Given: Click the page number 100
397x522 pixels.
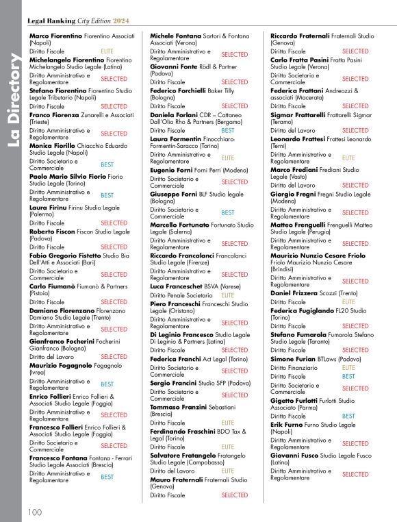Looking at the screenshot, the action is coord(34,512).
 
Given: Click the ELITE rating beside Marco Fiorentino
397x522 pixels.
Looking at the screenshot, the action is coord(107,51).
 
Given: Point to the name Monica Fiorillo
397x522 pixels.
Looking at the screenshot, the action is coord(57,146).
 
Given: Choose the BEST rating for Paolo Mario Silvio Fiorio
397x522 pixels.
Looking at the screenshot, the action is coord(107,195).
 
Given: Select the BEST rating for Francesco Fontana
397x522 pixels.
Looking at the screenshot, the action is coord(107,477).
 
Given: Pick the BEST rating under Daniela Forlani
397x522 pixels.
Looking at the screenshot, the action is coord(228,130).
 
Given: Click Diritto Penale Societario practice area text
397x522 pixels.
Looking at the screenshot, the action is coord(181,295).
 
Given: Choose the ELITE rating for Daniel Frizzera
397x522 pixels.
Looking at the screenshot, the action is coord(348,301).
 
